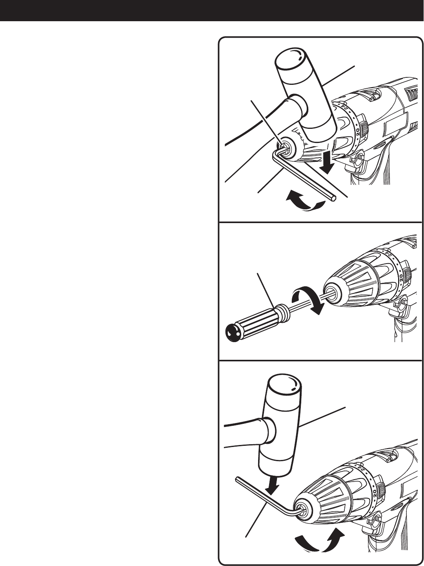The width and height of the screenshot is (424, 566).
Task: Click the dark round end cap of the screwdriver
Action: [x=233, y=333]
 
